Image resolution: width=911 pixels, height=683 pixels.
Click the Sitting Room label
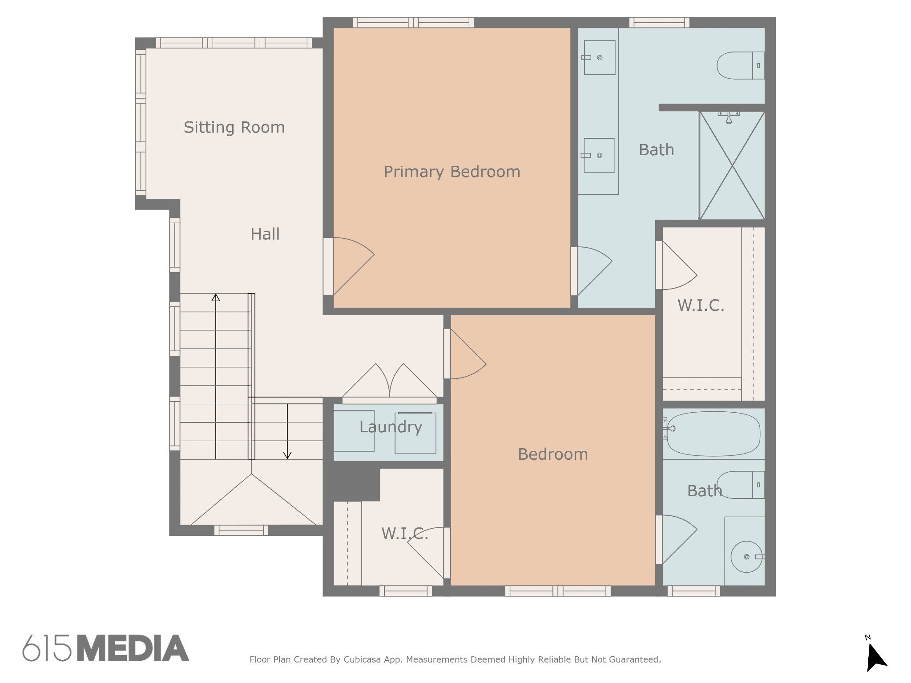[234, 128]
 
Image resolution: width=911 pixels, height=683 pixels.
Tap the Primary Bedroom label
[452, 172]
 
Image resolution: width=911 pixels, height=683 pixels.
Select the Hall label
[265, 234]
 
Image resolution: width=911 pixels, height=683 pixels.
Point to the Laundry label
[391, 427]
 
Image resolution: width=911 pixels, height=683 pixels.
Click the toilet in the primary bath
[741, 65]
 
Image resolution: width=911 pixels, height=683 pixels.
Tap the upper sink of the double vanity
[599, 57]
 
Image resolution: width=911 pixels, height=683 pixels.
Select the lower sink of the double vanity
[599, 155]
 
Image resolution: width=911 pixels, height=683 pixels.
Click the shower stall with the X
[732, 165]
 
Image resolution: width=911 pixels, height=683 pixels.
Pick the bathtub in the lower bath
[713, 434]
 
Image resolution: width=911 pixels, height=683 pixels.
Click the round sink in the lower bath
[746, 557]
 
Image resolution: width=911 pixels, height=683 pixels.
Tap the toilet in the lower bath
[741, 485]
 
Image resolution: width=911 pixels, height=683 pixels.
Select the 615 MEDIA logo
[106, 648]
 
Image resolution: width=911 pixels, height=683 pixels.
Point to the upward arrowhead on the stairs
[216, 297]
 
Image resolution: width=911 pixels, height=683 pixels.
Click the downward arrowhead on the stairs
[287, 455]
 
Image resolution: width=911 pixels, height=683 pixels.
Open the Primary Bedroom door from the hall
[349, 266]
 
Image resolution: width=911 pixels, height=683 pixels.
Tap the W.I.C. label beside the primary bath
[701, 305]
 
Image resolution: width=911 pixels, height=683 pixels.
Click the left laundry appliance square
[354, 431]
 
